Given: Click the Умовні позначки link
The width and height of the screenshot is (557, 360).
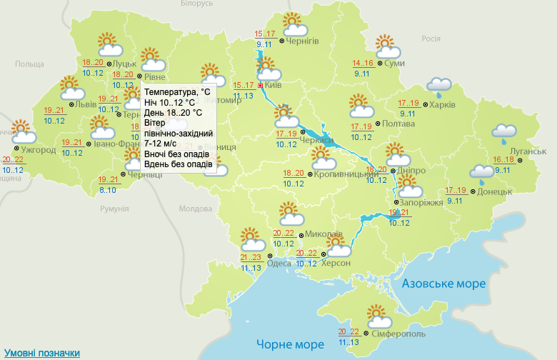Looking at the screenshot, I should coord(42,353).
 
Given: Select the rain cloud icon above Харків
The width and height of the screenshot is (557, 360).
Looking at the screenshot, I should coord(439,86).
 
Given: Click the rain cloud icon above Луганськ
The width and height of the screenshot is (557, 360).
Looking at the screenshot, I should coord(504,131).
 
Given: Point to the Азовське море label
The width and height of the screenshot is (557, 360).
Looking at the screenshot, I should coord(443,284).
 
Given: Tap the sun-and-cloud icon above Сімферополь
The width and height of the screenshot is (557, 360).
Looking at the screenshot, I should coord(378,315).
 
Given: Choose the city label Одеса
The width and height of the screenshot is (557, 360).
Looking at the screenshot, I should coord(278,263).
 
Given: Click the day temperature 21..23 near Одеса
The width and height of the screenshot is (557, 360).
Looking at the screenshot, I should coord(251,258).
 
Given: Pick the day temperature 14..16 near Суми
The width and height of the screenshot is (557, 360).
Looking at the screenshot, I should coord(363,64).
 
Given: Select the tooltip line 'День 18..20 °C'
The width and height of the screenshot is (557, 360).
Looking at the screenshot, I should coord(174,113).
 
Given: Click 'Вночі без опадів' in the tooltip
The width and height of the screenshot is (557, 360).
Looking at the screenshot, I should coord(176,154).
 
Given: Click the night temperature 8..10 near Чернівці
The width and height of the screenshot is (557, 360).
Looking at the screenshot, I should coord(109,189).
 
